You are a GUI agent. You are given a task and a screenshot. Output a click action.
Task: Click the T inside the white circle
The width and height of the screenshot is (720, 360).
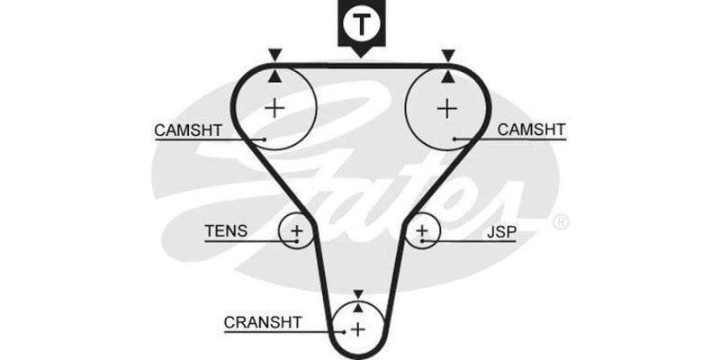pyautogui.click(x=360, y=24)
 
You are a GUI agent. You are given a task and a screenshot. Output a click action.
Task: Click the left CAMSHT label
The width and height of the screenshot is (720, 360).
pyautogui.click(x=187, y=130)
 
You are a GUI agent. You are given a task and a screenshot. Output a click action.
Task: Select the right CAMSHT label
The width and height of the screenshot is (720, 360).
pyautogui.click(x=531, y=130)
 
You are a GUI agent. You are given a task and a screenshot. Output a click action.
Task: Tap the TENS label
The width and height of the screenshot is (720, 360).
pyautogui.click(x=225, y=232)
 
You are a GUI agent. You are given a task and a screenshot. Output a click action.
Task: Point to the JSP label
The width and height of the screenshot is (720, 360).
pyautogui.click(x=501, y=232)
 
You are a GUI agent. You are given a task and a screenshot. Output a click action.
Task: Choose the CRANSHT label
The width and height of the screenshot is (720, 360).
pyautogui.click(x=263, y=321)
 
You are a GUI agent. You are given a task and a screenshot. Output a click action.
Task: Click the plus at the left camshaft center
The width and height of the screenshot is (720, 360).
pyautogui.click(x=274, y=108)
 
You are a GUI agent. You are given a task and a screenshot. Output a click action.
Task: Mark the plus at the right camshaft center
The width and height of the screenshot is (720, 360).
pyautogui.click(x=446, y=108)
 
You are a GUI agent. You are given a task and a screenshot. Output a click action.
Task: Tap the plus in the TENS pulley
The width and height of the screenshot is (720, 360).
pyautogui.click(x=297, y=233)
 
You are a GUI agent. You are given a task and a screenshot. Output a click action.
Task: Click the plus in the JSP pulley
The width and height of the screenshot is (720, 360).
pyautogui.click(x=422, y=233)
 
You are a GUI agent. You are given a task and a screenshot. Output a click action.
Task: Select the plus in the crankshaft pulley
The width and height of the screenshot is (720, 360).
pyautogui.click(x=358, y=329)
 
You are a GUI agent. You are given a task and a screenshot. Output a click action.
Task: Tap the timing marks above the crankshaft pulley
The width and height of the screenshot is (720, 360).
pyautogui.click(x=358, y=301)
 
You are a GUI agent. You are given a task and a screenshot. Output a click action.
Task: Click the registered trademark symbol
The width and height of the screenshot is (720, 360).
pyautogui.click(x=559, y=220)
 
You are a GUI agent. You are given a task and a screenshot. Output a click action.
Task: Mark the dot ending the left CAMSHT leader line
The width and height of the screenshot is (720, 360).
pyautogui.click(x=264, y=139)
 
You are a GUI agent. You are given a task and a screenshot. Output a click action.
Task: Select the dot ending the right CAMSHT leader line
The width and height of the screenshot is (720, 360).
pyautogui.click(x=456, y=139)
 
